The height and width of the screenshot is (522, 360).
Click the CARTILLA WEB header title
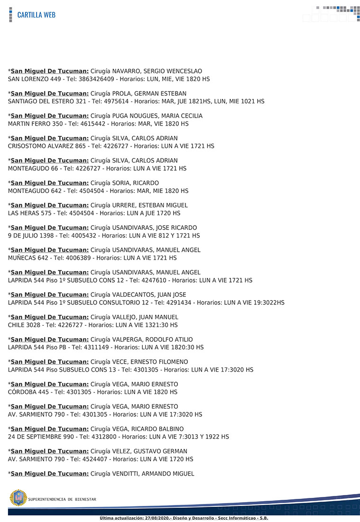[36, 15]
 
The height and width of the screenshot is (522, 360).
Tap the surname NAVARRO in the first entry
[128, 71]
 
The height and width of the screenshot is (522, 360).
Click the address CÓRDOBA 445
[29, 392]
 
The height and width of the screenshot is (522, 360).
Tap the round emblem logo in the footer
[18, 498]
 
